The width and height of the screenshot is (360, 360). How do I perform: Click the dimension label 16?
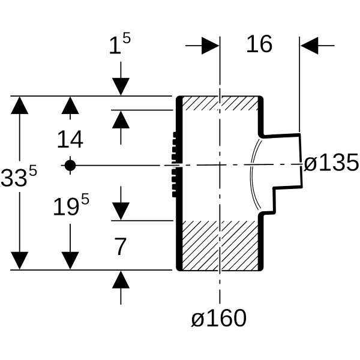(x=259, y=44)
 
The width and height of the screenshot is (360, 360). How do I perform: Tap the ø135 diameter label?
(x=331, y=163)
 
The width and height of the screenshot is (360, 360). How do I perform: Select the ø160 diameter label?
(x=219, y=318)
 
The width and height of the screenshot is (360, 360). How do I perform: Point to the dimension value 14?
(x=70, y=139)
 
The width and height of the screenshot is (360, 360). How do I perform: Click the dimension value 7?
(x=121, y=247)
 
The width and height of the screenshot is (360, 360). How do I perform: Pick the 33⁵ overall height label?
(x=19, y=177)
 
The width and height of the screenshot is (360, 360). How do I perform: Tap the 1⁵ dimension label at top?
(x=120, y=44)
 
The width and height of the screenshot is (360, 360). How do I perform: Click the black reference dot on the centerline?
(x=70, y=166)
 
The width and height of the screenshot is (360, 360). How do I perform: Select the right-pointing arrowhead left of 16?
(x=211, y=46)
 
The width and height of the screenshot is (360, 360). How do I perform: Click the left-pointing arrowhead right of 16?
(x=309, y=46)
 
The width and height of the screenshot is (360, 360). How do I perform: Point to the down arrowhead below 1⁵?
(x=121, y=86)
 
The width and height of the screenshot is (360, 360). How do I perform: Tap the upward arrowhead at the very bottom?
(x=121, y=280)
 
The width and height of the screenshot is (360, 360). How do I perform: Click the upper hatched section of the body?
(x=220, y=103)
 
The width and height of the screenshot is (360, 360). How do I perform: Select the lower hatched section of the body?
(x=220, y=245)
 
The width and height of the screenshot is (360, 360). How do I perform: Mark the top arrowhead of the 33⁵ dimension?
(x=20, y=105)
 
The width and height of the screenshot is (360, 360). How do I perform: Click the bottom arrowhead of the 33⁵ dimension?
(x=20, y=260)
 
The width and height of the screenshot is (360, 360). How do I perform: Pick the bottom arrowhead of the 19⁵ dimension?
(x=70, y=260)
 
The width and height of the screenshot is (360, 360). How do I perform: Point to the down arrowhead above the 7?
(x=121, y=211)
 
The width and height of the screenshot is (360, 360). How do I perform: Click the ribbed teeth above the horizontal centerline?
(x=175, y=148)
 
